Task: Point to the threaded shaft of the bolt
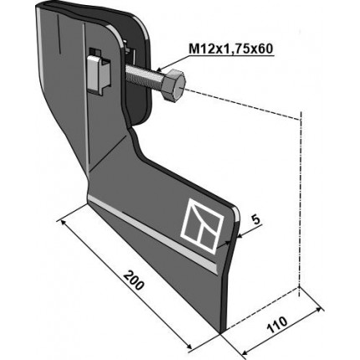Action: [144, 76]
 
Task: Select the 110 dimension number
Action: [277, 324]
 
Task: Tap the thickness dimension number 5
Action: [255, 219]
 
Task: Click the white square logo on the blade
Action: [203, 226]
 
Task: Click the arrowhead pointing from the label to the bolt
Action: [160, 68]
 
